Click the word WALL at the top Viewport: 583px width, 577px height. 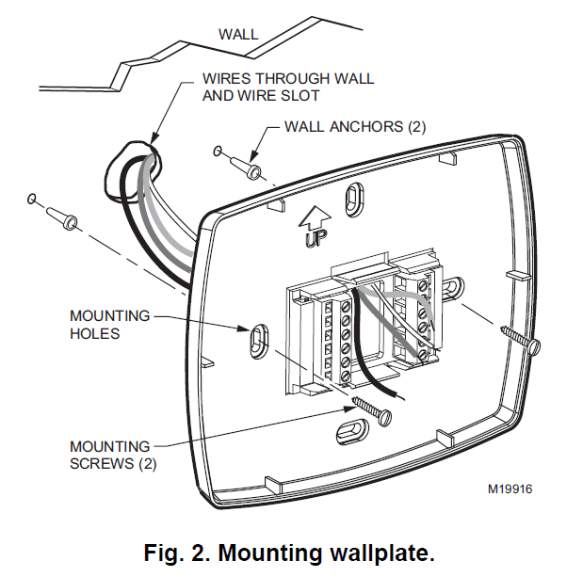(x=238, y=35)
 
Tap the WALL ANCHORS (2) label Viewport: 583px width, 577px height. (x=355, y=126)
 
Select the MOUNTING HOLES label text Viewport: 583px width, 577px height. (x=109, y=325)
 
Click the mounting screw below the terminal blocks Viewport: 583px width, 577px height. (x=371, y=411)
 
